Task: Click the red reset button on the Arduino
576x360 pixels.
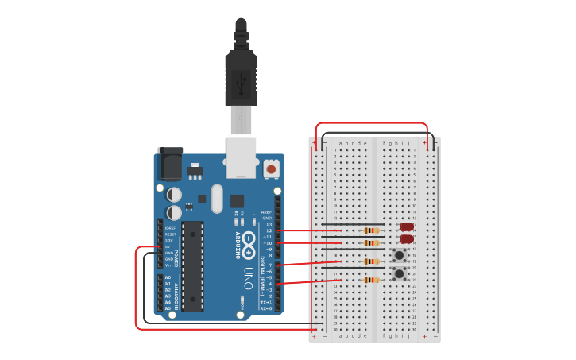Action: tap(272, 169)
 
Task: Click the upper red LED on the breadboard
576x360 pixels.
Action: tap(408, 227)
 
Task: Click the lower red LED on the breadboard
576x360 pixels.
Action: tap(407, 238)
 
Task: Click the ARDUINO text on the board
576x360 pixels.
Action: tap(238, 246)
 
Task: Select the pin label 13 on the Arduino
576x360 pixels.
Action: tap(269, 225)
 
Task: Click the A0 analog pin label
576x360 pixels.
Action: tap(167, 277)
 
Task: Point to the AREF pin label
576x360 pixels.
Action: tap(267, 212)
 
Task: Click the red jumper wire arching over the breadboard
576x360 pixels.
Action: tap(372, 123)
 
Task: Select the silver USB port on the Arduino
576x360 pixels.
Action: tap(242, 157)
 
